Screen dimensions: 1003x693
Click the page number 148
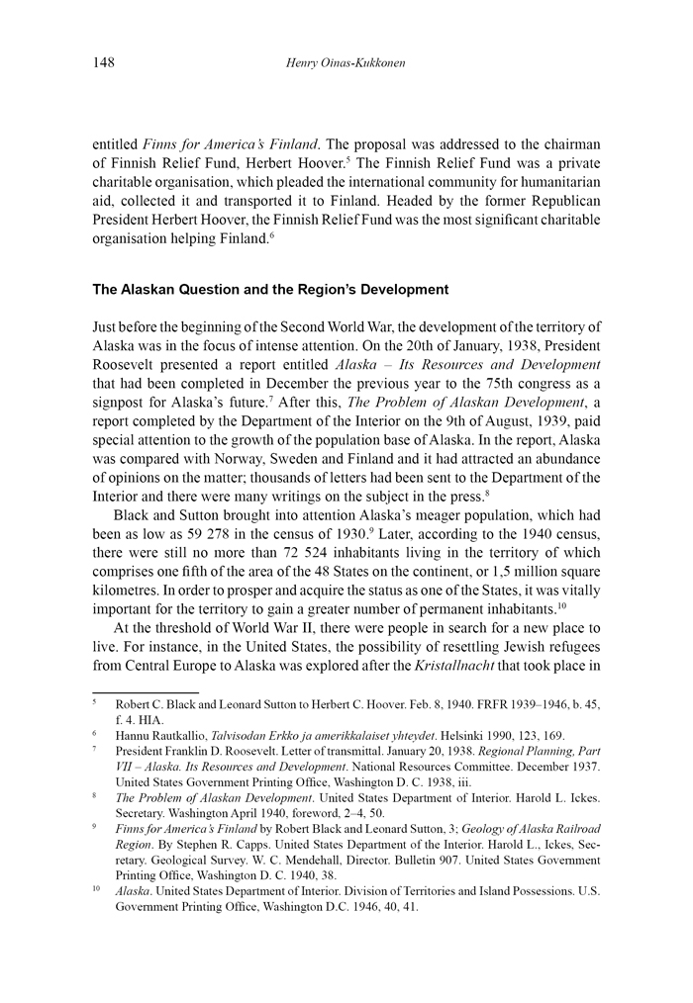pyautogui.click(x=104, y=63)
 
